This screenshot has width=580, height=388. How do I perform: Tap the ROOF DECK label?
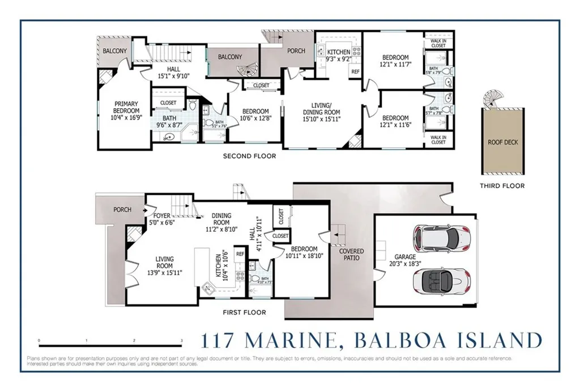tap(502, 143)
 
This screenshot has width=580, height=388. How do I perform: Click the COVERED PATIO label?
tap(351, 254)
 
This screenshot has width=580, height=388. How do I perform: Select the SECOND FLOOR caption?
tap(249, 156)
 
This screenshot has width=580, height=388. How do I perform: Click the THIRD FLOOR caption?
tap(502, 186)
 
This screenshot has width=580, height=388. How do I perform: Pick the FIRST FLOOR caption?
tap(244, 313)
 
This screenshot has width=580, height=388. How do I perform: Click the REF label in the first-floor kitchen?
tap(240, 254)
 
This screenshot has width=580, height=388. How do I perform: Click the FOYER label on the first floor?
tap(163, 216)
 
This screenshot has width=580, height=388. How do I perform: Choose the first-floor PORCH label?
tap(122, 210)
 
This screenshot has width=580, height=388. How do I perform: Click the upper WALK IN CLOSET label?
tap(438, 42)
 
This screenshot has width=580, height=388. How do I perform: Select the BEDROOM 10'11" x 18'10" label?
tap(304, 253)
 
